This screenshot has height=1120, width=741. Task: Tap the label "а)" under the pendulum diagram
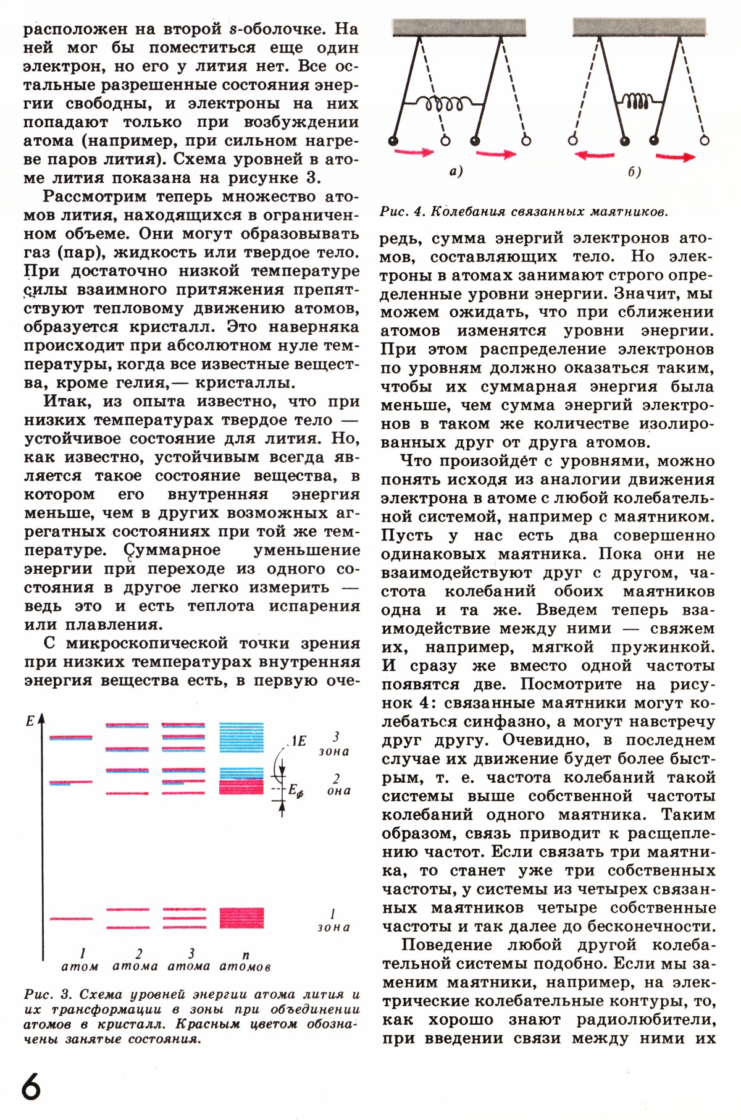click(x=456, y=171)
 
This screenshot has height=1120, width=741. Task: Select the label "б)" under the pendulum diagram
click(x=634, y=171)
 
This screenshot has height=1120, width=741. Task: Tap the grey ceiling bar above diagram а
click(x=459, y=27)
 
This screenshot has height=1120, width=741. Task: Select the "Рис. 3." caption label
click(x=48, y=995)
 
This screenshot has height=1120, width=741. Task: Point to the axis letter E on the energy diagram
click(x=30, y=722)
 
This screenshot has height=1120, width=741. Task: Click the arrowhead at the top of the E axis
click(x=42, y=718)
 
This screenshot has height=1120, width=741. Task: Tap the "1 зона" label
click(x=333, y=920)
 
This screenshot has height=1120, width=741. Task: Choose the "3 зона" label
click(x=334, y=744)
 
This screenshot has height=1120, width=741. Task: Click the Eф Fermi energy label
click(x=296, y=790)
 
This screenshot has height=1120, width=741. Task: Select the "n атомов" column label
click(x=245, y=961)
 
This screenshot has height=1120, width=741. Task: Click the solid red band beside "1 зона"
click(x=241, y=917)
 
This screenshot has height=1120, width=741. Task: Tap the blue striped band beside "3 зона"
click(x=241, y=736)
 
